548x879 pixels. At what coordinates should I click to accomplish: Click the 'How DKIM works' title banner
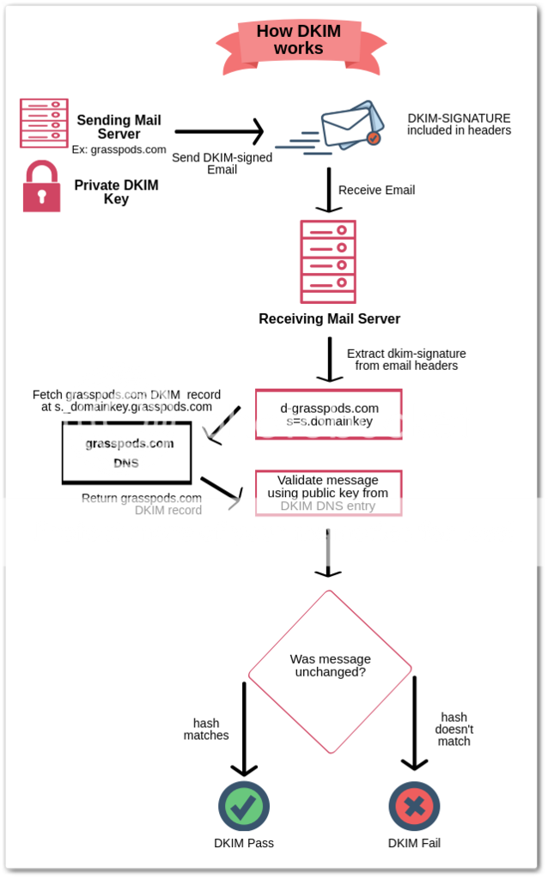click(x=298, y=40)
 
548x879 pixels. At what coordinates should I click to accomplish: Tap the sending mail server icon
click(x=44, y=123)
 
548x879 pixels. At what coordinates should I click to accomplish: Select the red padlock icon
click(x=41, y=186)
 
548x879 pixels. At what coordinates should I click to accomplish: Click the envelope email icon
click(x=348, y=127)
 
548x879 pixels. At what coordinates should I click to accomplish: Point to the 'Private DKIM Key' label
click(x=116, y=192)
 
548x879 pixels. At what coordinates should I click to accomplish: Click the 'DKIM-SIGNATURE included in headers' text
click(x=459, y=124)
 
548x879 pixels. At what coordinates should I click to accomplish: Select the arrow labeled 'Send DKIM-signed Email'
click(x=219, y=132)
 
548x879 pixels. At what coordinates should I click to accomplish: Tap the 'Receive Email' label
click(x=376, y=190)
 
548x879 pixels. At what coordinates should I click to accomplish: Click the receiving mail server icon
click(x=328, y=262)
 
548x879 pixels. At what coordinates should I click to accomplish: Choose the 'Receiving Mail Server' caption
click(x=329, y=319)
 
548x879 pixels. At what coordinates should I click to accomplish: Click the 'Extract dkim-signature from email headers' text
click(x=406, y=359)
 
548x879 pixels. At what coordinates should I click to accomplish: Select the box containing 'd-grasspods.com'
click(x=329, y=415)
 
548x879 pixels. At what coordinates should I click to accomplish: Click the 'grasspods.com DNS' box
click(x=126, y=452)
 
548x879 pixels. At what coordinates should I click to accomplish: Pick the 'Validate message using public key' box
click(x=328, y=493)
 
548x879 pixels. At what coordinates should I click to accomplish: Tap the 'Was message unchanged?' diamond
click(x=330, y=666)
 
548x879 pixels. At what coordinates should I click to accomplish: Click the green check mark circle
click(x=243, y=806)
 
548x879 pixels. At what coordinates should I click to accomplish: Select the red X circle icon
click(x=414, y=806)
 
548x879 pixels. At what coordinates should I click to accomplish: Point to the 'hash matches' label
click(x=206, y=729)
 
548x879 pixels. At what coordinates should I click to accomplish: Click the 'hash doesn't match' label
click(x=454, y=729)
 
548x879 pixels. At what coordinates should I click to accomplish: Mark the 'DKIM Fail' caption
click(x=414, y=843)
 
